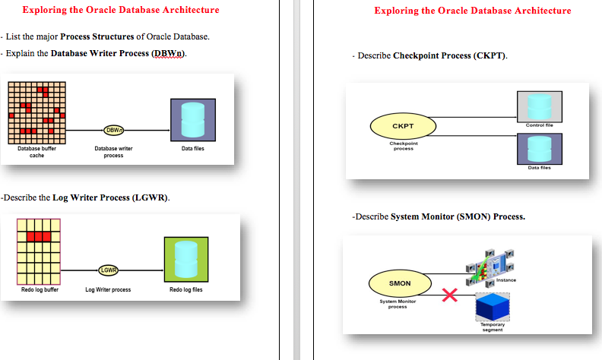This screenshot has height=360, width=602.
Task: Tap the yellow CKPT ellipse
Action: tap(402, 125)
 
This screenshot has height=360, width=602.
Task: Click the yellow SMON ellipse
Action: tap(400, 283)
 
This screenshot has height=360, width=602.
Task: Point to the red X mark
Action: tap(449, 296)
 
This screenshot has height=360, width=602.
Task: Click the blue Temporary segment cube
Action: tap(492, 307)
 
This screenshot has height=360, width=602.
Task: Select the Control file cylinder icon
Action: tap(539, 106)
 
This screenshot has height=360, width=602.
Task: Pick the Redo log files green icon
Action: tap(186, 259)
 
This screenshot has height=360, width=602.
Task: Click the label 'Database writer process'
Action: tap(113, 152)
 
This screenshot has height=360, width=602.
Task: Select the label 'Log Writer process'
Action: tap(108, 289)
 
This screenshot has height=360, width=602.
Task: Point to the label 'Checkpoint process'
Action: tap(403, 146)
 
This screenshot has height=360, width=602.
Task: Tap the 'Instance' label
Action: tap(506, 280)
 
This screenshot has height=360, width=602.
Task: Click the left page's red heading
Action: tap(121, 10)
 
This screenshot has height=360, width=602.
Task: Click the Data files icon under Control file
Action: tap(539, 147)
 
